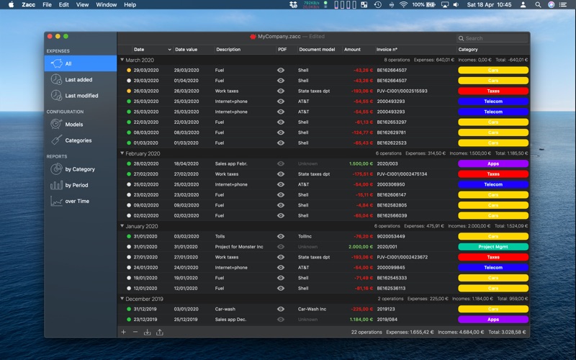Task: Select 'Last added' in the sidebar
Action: [x=78, y=80]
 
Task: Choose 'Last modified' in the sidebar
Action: [x=81, y=96]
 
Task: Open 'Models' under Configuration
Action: [x=73, y=125]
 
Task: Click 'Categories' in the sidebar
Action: [x=78, y=140]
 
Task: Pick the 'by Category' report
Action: [x=79, y=169]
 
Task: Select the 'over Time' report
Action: [x=77, y=201]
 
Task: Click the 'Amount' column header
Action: [x=352, y=50]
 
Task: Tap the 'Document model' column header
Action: [x=317, y=50]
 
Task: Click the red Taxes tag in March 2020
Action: [x=493, y=91]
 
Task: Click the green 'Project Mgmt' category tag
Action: [x=493, y=247]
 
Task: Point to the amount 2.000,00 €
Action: [x=360, y=247]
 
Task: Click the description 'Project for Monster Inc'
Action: [x=239, y=247]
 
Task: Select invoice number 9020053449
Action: [x=392, y=236]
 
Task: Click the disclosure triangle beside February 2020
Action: [x=122, y=153]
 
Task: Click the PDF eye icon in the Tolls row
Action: [x=281, y=236]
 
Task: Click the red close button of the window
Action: [x=50, y=36]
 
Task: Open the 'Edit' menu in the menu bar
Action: [x=64, y=4]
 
